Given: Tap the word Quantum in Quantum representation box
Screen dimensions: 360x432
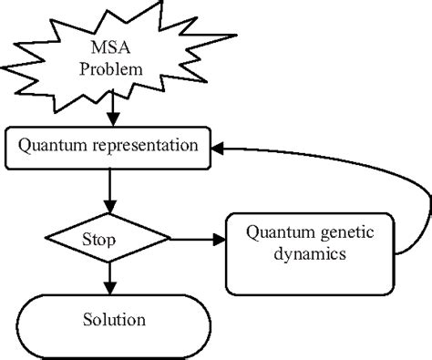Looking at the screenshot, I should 51,145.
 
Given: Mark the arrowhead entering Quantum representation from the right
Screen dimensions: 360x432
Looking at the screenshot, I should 221,145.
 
